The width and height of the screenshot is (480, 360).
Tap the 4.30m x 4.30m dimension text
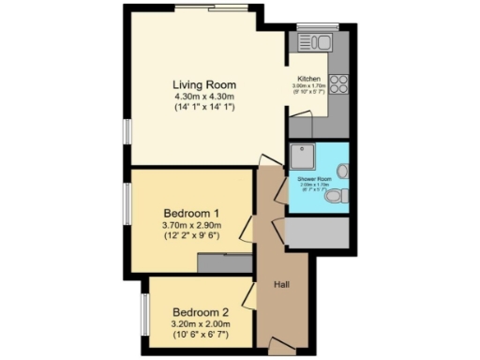pos(203,97)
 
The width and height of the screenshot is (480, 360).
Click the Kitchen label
pos(309,78)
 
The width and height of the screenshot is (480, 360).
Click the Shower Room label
pos(315,178)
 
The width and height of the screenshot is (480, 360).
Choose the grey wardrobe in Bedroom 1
pos(224,264)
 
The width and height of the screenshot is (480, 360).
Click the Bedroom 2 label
pos(200,312)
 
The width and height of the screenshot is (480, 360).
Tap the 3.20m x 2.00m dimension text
pos(201,324)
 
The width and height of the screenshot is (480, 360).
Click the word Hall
pos(280,284)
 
